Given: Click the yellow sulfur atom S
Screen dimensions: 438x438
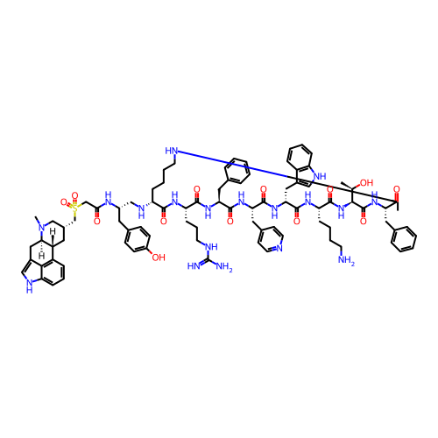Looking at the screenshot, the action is tap(75, 208).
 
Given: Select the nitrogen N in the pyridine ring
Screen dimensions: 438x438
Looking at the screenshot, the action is tap(279, 249).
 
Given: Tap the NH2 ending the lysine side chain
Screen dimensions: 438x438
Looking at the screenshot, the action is tap(346, 259).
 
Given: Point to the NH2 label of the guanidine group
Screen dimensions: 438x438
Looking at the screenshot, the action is tap(224, 266).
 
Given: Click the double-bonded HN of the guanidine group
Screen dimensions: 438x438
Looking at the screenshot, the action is tap(194, 266).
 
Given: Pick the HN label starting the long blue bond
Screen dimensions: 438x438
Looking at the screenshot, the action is tap(172, 151).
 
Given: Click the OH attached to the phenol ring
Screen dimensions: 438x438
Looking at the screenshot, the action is tap(159, 258).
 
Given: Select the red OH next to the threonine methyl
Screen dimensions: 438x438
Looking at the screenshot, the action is tap(367, 183).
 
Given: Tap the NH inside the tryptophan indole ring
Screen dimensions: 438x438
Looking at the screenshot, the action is tap(320, 176).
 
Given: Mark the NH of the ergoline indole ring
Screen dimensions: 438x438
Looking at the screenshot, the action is tap(30, 286).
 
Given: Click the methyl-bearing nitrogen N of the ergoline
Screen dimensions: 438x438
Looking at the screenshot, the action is tap(43, 227).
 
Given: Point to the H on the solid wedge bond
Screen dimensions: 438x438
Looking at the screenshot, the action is tap(53, 232).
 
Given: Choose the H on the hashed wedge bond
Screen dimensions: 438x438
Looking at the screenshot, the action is tap(42, 256).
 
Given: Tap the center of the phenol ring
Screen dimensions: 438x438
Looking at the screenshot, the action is tap(138, 239).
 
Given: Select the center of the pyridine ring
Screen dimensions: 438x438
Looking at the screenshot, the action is tap(270, 239).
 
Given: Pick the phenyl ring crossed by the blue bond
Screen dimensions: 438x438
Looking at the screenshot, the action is tap(237, 171).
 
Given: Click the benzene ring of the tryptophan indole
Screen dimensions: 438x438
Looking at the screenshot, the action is tap(300, 158).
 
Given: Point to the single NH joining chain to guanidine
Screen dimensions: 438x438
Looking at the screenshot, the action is tap(211, 247).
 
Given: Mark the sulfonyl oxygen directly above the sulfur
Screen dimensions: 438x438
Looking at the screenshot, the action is tap(74, 195).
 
